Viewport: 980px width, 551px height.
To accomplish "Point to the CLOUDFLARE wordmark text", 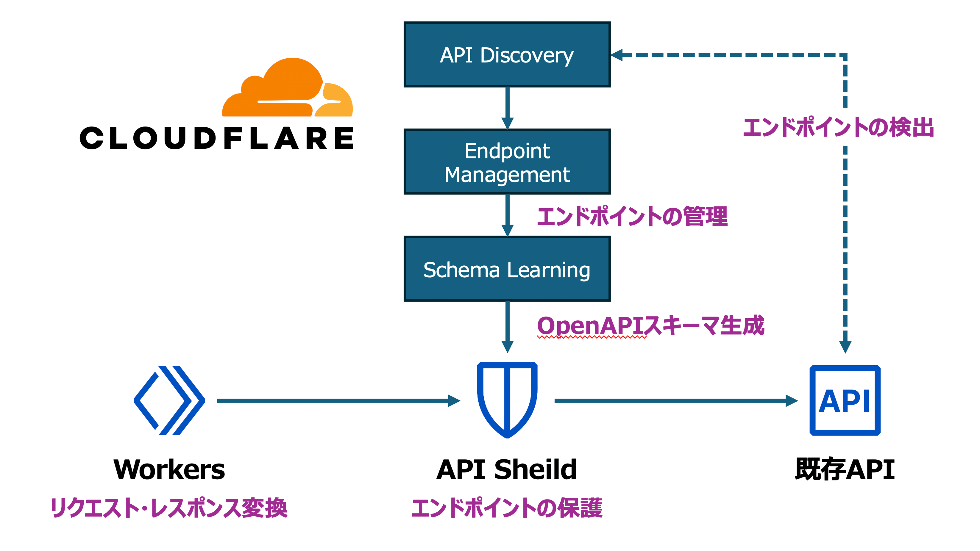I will click(x=216, y=138).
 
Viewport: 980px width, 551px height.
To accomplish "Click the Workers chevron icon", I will click(x=169, y=400).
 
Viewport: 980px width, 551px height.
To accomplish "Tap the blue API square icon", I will click(x=845, y=400).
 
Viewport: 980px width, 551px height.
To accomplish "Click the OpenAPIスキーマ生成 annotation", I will click(x=650, y=326).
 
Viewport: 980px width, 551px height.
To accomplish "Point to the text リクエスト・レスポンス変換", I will click(x=169, y=508).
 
